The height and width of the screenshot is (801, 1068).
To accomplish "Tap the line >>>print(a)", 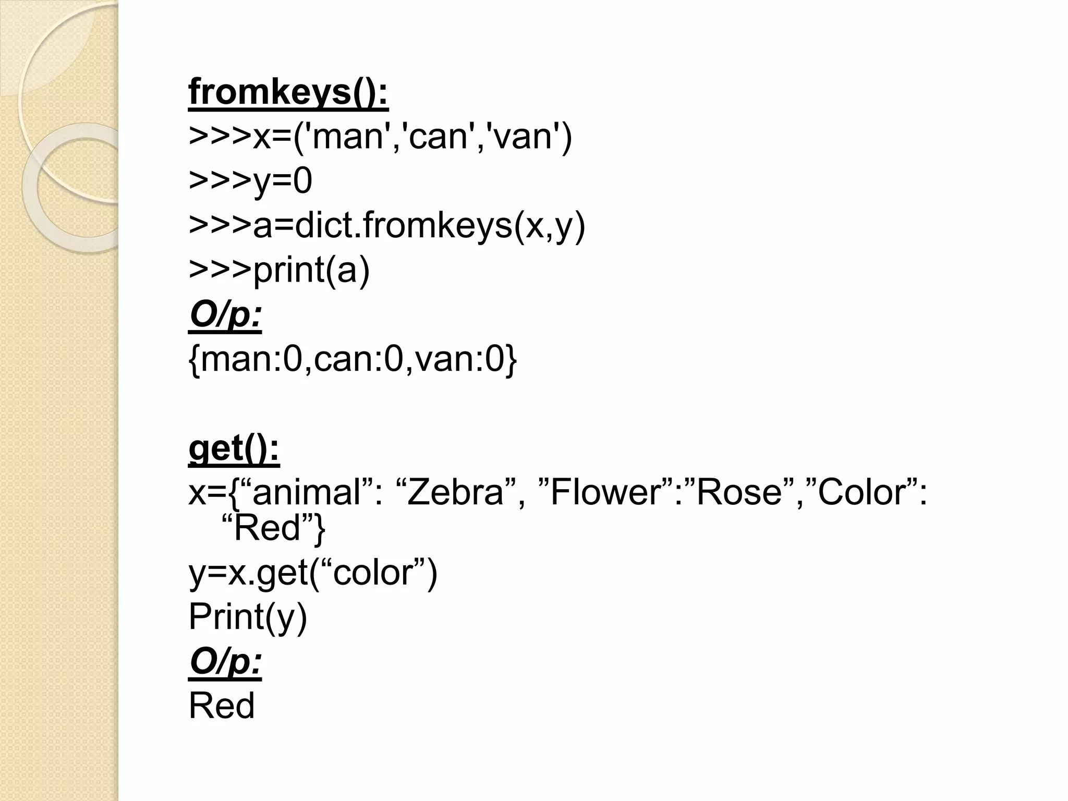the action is (279, 270).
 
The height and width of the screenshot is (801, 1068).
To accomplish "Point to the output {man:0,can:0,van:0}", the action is (353, 360).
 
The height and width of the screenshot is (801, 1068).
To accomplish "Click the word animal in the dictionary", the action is (307, 492).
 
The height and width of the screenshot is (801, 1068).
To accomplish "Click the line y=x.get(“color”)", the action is (313, 573).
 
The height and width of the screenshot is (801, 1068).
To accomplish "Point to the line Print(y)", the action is (248, 617).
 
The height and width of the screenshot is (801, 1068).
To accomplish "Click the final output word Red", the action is (222, 706).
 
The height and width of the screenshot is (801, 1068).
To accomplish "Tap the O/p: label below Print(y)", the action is (225, 662).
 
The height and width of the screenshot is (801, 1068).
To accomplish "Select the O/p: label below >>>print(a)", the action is (225, 315).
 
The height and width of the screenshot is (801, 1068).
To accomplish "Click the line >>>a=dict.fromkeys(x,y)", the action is (387, 226).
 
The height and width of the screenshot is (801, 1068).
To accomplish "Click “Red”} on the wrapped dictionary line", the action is (273, 528).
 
